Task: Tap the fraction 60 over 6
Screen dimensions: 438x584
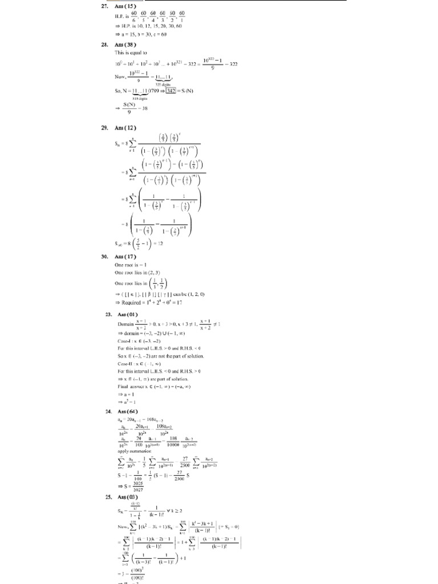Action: (x=134, y=16)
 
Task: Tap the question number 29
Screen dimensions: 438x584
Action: (x=105, y=129)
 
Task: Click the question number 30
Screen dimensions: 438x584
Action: (x=105, y=257)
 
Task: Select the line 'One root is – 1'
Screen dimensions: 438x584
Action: (x=131, y=265)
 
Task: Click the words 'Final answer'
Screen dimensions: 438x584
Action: (x=132, y=387)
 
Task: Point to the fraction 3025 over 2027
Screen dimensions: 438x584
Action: (x=138, y=486)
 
